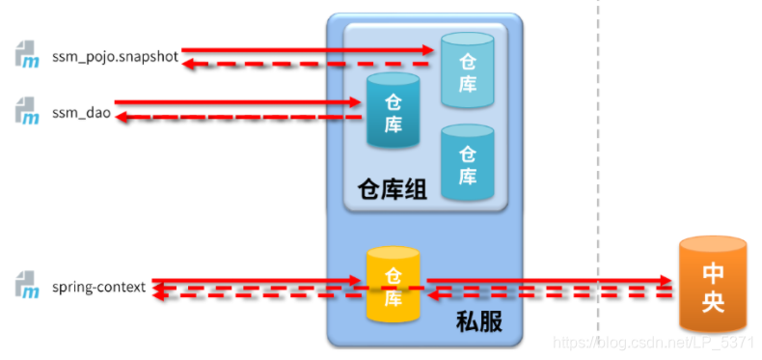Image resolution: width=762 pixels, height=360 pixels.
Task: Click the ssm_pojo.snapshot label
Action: [x=115, y=57]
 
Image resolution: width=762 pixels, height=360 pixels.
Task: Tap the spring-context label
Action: [x=99, y=287]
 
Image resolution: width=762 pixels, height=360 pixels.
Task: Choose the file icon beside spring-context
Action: [x=26, y=286]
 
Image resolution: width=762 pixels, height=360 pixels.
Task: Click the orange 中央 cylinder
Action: [x=714, y=281]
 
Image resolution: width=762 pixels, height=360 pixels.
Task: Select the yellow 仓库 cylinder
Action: [x=393, y=285]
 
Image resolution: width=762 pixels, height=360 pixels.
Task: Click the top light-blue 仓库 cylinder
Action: [x=467, y=70]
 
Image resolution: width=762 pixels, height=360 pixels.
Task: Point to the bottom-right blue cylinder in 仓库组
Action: [x=467, y=164]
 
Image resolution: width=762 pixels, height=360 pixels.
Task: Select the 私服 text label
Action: [x=478, y=322]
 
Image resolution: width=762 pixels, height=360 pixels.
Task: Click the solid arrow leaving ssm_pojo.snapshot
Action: [x=309, y=49]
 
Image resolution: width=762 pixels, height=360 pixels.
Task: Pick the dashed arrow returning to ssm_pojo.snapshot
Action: [x=309, y=64]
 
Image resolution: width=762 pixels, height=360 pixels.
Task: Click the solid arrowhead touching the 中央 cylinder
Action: [x=663, y=281]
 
